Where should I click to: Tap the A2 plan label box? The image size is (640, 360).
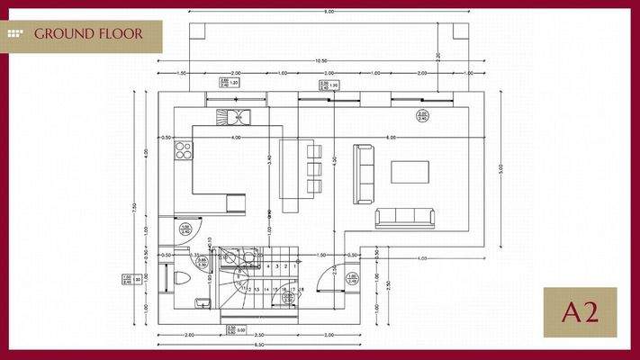[x=580, y=312]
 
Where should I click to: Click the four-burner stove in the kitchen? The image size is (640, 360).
[x=183, y=149]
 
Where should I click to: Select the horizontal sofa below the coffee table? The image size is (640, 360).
[x=405, y=217]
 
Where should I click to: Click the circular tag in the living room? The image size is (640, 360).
[x=421, y=114]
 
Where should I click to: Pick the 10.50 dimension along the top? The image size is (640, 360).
[x=320, y=61]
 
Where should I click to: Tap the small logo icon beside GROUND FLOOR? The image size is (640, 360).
[x=16, y=34]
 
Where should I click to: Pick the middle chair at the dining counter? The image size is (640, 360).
[x=313, y=167]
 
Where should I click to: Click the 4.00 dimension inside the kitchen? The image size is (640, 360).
[x=235, y=138]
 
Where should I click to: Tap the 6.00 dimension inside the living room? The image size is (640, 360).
[x=392, y=138]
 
